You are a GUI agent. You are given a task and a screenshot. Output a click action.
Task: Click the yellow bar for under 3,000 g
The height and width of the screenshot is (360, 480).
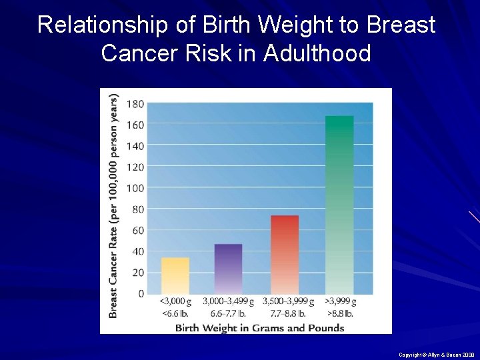[175, 275]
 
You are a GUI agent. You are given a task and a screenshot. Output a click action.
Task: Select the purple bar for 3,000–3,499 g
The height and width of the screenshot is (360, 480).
[228, 269]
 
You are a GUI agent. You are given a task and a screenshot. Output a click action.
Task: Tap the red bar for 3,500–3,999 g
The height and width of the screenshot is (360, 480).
[285, 254]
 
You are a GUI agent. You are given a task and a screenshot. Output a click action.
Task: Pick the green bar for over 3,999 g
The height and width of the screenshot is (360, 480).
[339, 205]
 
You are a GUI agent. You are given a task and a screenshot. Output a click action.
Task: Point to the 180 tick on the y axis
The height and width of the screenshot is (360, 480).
[135, 103]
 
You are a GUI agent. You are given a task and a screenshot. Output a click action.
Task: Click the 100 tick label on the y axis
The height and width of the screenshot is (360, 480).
[135, 188]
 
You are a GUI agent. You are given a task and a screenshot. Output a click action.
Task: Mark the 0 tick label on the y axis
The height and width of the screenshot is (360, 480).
[140, 293]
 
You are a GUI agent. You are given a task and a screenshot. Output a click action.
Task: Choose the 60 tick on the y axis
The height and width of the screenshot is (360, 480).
[137, 230]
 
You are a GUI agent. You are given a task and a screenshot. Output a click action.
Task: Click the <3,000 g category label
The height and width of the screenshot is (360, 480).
[175, 302]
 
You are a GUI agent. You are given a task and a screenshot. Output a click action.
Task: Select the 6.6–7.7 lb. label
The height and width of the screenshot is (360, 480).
[228, 313]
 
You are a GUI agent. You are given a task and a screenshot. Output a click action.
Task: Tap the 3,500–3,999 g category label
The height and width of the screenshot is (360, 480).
[288, 302]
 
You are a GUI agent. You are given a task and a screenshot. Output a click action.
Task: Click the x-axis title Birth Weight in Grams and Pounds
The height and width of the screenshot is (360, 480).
[259, 327]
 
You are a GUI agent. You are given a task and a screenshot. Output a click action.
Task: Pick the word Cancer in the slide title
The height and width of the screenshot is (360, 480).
[139, 53]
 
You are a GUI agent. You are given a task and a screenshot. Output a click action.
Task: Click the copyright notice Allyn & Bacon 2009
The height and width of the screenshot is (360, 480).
[436, 355]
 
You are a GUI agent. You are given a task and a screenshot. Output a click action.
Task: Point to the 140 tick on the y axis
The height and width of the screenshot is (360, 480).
[135, 145]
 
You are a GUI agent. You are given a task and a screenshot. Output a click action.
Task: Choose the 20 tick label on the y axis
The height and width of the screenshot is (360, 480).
[137, 272]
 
